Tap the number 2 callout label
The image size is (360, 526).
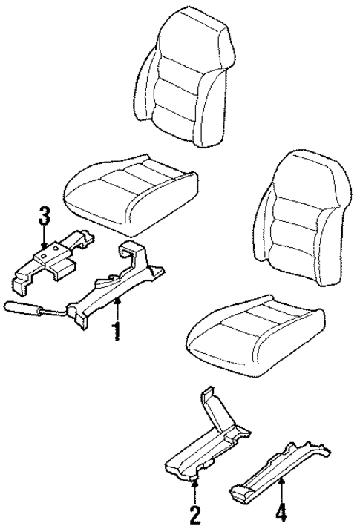click(x=194, y=513)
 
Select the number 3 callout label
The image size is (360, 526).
click(x=45, y=218)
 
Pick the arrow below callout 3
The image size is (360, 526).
click(x=45, y=239)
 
